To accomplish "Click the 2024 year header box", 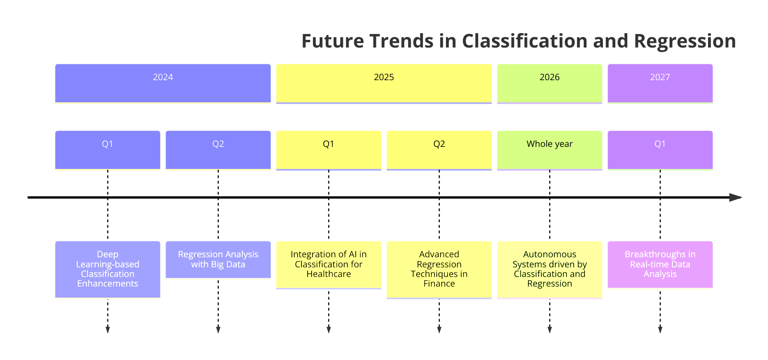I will [x=163, y=83].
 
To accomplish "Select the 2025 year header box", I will [x=384, y=83].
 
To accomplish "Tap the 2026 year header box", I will [x=549, y=83].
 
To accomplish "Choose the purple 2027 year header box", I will [x=660, y=83].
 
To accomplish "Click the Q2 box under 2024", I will [x=218, y=150].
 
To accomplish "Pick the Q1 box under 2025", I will [x=328, y=150].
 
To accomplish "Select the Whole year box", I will [x=549, y=150].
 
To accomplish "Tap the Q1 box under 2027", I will [x=660, y=150].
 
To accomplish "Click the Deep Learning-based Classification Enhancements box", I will [x=108, y=269].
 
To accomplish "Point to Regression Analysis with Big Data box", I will [x=218, y=259].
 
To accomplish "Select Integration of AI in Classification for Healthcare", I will [x=328, y=264].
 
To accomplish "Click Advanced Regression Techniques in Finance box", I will [x=439, y=269].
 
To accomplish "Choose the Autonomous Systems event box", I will [x=549, y=269].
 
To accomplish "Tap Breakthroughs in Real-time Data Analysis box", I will [x=660, y=264].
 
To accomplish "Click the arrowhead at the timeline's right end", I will [x=735, y=197].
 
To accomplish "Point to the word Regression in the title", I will [x=684, y=41].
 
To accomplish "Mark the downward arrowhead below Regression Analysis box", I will [x=218, y=329].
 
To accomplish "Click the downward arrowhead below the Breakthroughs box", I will [x=660, y=329].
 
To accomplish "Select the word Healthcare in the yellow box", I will [x=328, y=274].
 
